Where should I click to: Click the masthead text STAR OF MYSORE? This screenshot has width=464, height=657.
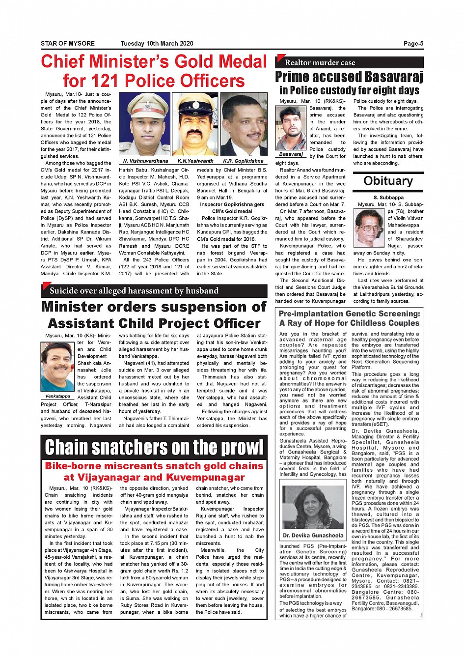(68, 44)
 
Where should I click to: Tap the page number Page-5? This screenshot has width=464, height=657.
(413, 44)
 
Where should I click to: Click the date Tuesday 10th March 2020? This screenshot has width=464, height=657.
(157, 44)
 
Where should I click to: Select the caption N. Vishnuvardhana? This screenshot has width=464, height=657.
(145, 161)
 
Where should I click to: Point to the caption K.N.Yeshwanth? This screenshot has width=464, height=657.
(195, 161)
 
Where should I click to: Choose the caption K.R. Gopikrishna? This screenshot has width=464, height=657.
(243, 161)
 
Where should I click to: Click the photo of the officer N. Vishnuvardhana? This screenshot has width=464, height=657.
(145, 124)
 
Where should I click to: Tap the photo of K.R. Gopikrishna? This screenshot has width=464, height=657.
(244, 124)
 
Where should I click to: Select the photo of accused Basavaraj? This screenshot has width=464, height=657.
(291, 128)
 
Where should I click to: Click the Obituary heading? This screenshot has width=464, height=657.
(388, 181)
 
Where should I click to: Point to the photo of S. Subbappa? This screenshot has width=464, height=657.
(369, 228)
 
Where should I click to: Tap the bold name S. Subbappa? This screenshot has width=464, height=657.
(388, 198)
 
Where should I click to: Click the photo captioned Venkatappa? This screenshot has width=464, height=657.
(57, 367)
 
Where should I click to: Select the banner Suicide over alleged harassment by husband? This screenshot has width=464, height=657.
(134, 291)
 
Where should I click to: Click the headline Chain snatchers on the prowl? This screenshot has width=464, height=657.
(154, 447)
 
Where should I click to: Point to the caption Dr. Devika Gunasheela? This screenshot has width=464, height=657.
(313, 536)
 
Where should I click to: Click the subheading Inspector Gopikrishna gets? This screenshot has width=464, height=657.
(232, 204)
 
